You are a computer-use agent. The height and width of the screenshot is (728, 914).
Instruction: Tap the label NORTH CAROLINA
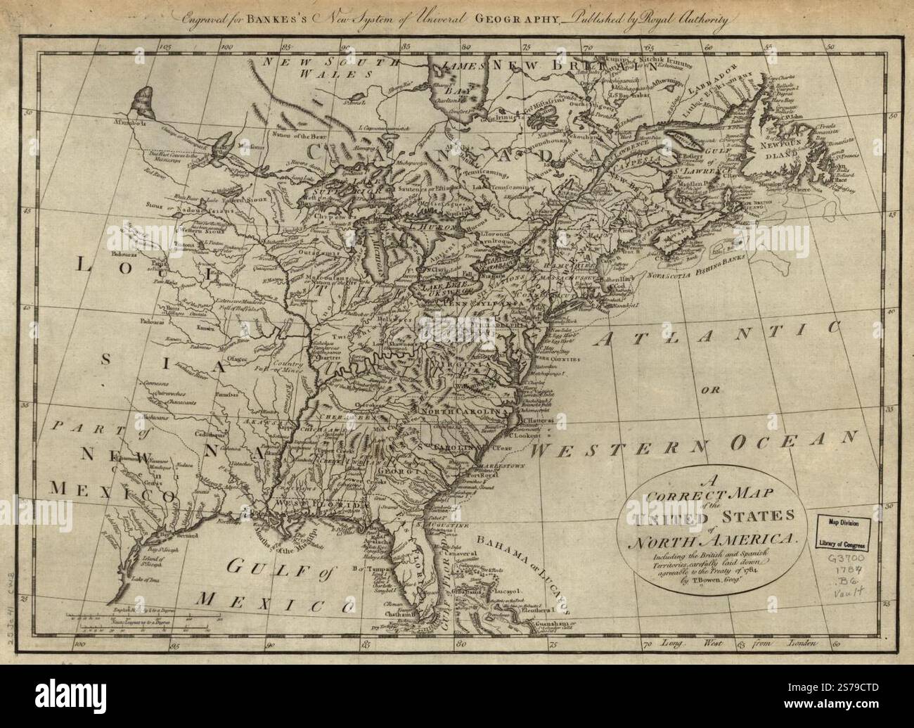(x=464, y=410)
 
